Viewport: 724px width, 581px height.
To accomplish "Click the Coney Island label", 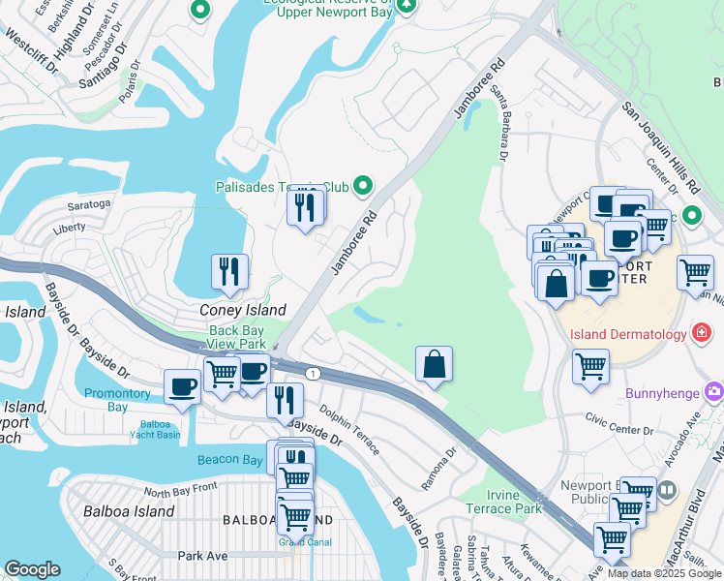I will tap(242, 310).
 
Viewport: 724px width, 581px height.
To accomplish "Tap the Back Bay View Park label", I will tap(237, 337).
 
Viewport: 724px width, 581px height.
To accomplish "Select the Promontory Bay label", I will tap(119, 400).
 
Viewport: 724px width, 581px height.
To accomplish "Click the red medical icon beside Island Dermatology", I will tap(703, 334).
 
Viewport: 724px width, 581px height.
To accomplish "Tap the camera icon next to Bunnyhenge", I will tap(714, 391).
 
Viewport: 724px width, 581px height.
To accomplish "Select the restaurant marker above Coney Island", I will tap(229, 271).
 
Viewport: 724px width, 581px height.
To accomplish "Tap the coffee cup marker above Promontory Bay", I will tap(182, 386).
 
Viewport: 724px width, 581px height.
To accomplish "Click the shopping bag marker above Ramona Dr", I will tap(435, 364).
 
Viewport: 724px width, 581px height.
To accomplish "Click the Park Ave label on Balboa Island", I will tap(202, 556).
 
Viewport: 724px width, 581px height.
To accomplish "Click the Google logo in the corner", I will tap(32, 569).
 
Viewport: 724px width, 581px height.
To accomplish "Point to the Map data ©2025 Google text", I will tap(663, 573).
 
